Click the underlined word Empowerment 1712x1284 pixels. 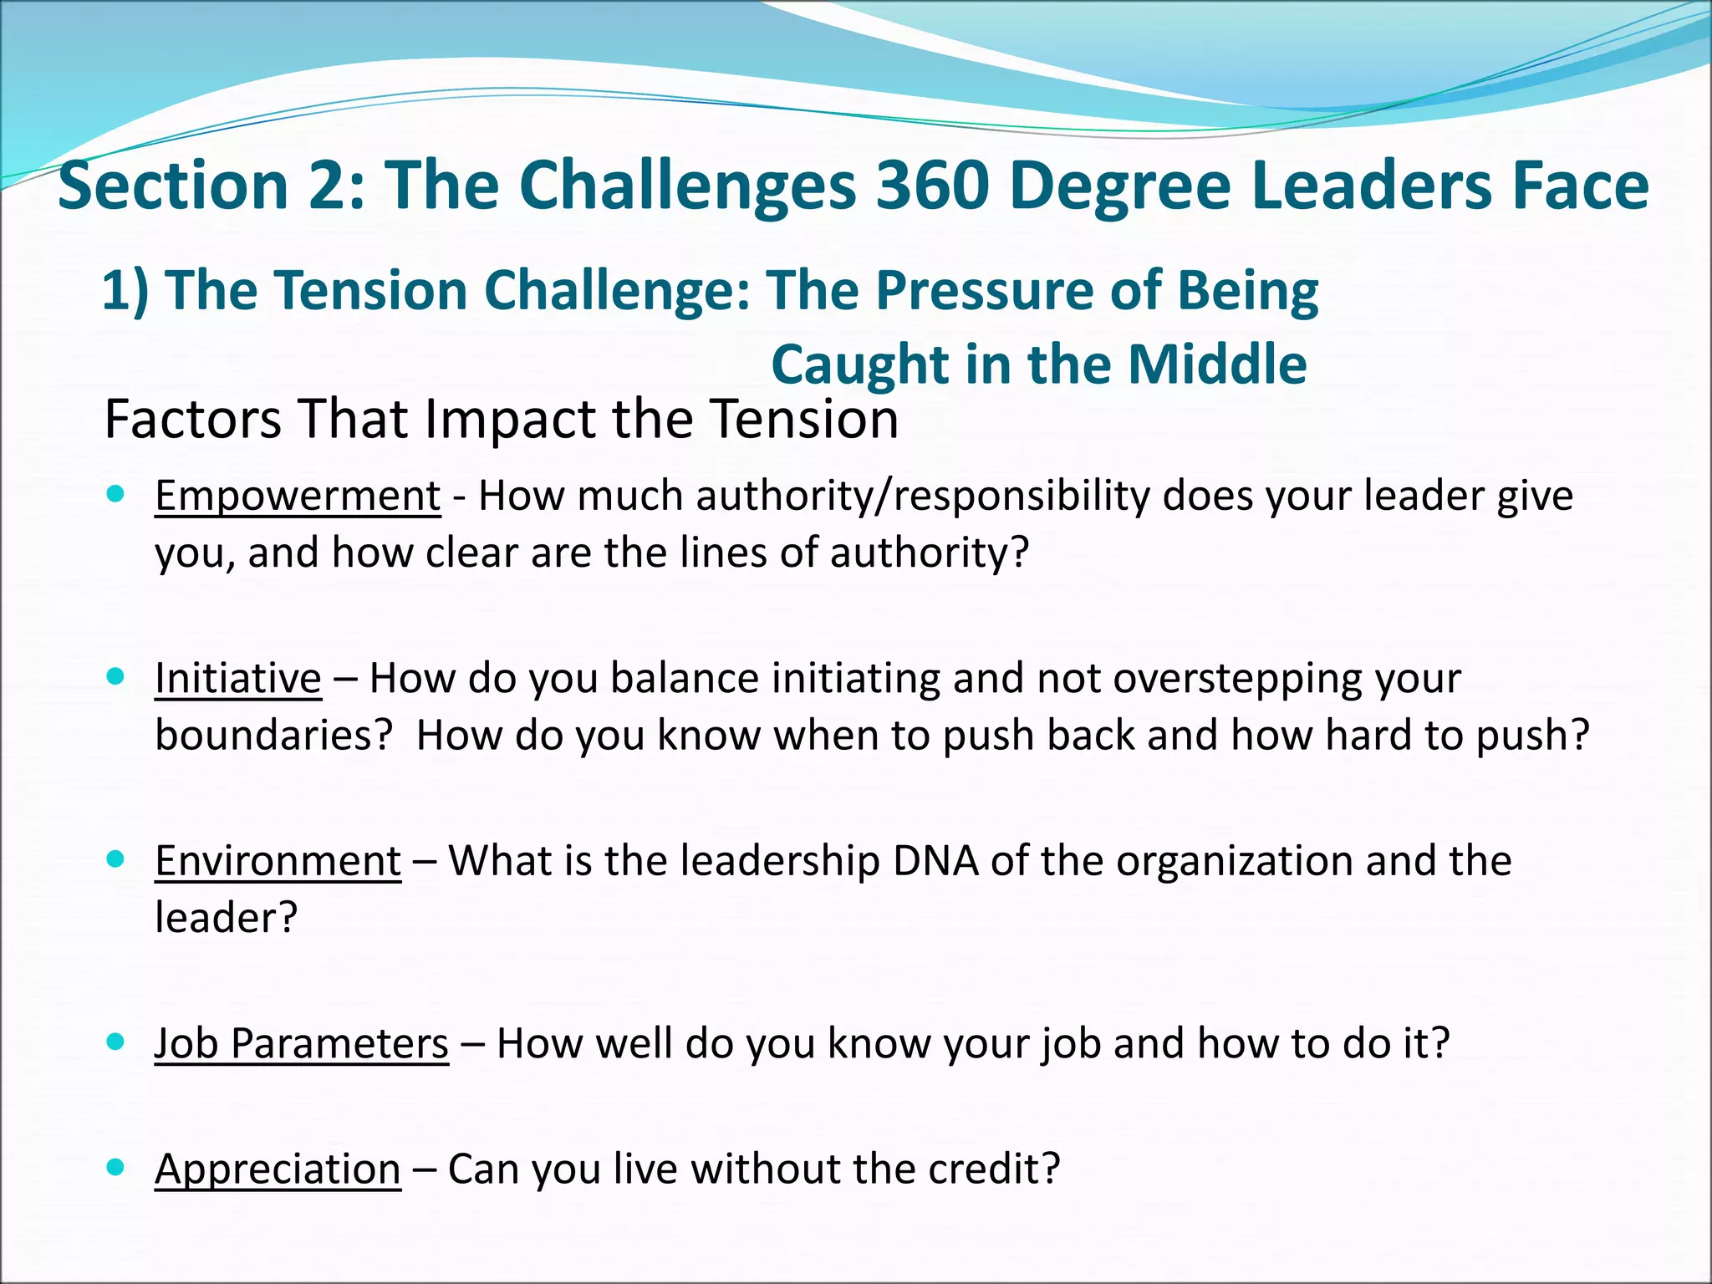(x=298, y=496)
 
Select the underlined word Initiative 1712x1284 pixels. (x=238, y=678)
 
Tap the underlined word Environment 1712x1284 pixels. (x=278, y=860)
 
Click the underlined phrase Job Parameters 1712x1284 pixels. (x=302, y=1043)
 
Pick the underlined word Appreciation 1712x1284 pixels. (x=278, y=1169)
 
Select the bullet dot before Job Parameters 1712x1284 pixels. (x=116, y=1041)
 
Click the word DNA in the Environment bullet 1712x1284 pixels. (x=935, y=860)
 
